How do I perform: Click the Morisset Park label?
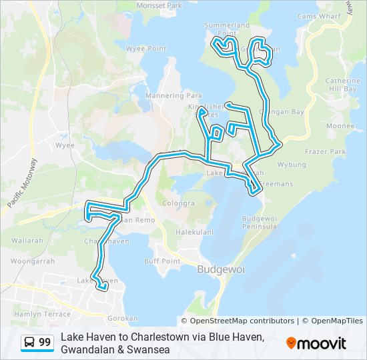pos(159,5)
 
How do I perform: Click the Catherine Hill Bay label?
pos(342,85)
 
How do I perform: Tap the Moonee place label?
pos(340,125)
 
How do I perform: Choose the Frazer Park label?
pos(325,152)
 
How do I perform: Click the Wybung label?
pos(292,164)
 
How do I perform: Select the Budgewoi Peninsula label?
pos(260,223)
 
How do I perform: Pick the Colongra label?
pos(178,203)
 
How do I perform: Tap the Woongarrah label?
pos(33,261)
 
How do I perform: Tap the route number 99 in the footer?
pos(45,342)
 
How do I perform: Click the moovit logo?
pos(316,343)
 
